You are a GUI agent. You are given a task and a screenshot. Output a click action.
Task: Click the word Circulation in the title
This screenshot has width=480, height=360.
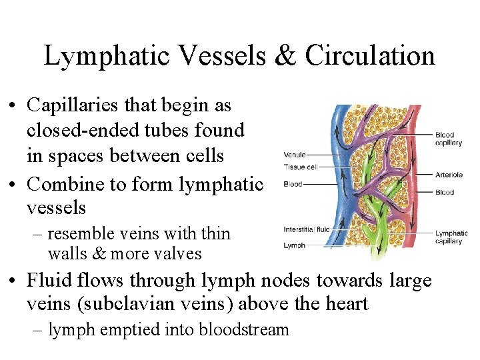pyautogui.click(x=370, y=56)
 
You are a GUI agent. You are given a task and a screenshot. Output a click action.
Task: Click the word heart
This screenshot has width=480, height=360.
pyautogui.click(x=346, y=305)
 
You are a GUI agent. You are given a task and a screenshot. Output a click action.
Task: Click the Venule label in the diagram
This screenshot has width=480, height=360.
pyautogui.click(x=295, y=156)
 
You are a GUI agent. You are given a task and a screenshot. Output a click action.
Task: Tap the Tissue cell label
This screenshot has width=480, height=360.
pyautogui.click(x=301, y=166)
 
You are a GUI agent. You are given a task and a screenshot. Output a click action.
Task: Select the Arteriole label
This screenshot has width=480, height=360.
pyautogui.click(x=449, y=175)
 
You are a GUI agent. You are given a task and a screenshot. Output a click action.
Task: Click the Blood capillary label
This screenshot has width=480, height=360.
pyautogui.click(x=449, y=139)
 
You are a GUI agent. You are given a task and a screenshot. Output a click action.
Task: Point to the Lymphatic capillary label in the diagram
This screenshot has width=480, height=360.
pyautogui.click(x=451, y=237)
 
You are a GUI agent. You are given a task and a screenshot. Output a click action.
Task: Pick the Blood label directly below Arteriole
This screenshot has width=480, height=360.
pyautogui.click(x=445, y=192)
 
